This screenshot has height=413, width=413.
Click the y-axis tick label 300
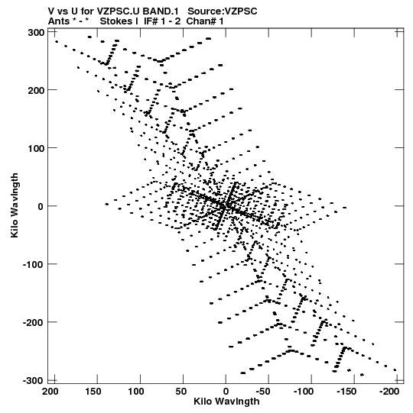(36, 33)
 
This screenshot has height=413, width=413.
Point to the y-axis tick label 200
(36, 91)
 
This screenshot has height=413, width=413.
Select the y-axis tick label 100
(36, 149)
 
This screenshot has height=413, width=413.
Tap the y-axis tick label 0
(41, 207)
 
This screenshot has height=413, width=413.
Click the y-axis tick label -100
(33, 265)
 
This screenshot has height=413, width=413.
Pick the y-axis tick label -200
(33, 323)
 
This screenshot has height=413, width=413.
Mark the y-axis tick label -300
(33, 381)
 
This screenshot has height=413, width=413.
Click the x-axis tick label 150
(93, 392)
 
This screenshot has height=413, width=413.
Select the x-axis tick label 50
(180, 392)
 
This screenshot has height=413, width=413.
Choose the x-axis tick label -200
(389, 392)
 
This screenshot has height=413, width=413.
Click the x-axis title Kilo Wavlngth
(226, 402)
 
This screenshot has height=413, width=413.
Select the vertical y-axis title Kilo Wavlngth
(15, 205)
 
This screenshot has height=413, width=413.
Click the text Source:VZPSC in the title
(223, 11)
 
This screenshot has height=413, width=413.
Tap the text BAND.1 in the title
(161, 11)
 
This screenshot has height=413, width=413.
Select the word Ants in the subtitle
(59, 21)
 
